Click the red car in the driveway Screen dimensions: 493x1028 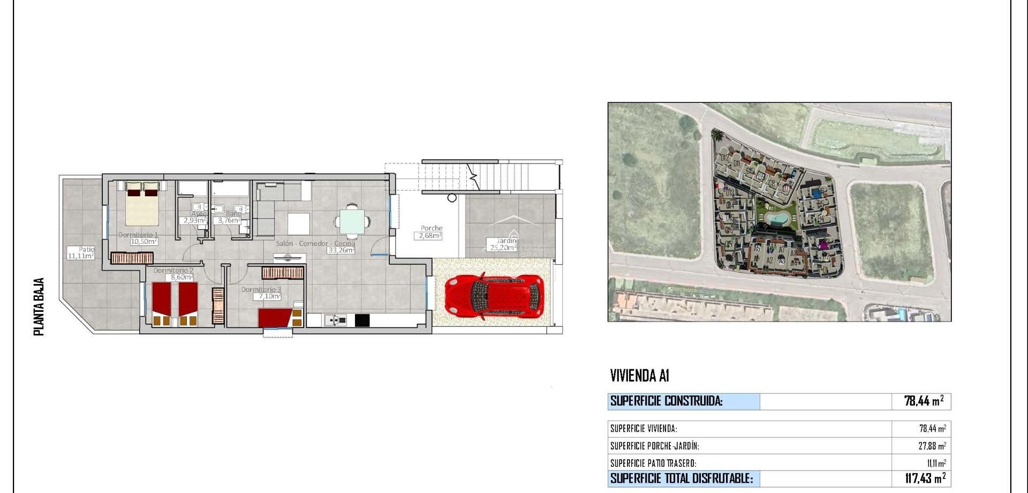(494, 297)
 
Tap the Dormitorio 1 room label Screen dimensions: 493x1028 (138, 235)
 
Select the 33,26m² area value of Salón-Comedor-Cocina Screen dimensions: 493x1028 (341, 250)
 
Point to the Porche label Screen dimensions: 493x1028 (431, 228)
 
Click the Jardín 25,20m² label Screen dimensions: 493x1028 (503, 244)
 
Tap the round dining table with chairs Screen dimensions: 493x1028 (352, 220)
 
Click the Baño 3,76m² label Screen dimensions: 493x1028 (230, 218)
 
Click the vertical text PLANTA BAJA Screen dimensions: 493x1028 (39, 307)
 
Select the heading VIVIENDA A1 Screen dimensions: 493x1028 (639, 376)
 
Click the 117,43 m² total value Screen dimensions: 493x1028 (925, 478)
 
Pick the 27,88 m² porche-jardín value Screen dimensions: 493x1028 (932, 446)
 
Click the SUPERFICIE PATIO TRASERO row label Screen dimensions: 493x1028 (653, 463)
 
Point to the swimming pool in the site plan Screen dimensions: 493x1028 (775, 219)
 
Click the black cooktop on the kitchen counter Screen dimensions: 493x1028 (362, 320)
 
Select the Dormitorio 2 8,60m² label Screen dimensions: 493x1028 (173, 274)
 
